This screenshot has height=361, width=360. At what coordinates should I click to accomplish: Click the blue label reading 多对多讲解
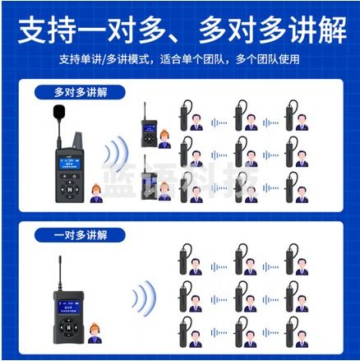(x=81, y=92)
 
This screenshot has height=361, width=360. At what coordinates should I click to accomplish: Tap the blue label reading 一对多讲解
(x=81, y=236)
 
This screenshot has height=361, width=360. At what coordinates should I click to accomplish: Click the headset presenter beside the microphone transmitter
(x=97, y=194)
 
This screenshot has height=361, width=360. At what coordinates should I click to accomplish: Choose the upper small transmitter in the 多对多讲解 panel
(x=148, y=127)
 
